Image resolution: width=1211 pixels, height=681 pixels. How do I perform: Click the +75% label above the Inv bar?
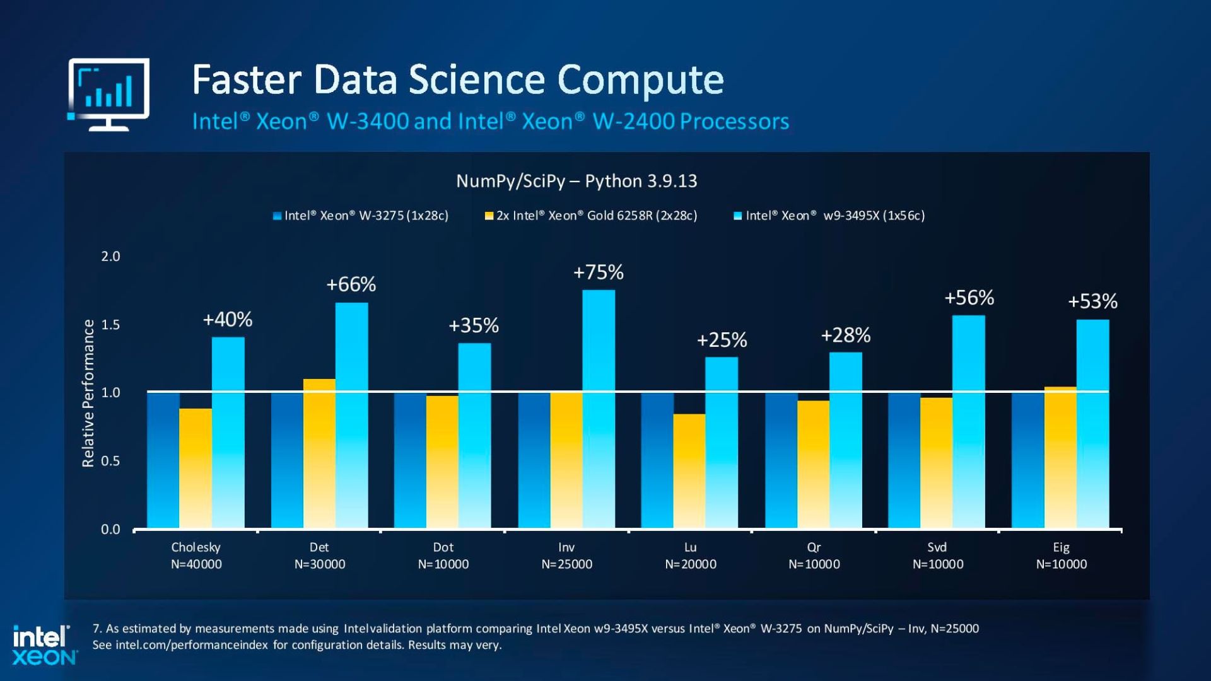[x=598, y=272]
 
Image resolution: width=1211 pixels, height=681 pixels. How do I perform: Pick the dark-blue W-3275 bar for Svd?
[x=904, y=460]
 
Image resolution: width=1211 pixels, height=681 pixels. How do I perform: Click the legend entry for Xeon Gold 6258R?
[x=591, y=216]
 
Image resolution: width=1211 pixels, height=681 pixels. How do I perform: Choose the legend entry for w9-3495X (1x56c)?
[x=829, y=216]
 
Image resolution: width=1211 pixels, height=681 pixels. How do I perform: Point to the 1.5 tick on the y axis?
[x=110, y=325]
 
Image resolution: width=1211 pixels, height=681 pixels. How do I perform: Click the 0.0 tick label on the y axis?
[x=110, y=530]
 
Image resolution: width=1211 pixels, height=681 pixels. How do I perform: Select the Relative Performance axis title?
[x=88, y=393]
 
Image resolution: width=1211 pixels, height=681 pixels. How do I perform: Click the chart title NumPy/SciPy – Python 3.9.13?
[x=576, y=182]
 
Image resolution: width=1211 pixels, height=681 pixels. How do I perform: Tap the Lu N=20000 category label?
[x=690, y=556]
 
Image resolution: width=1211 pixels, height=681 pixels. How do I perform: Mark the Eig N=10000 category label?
[x=1061, y=556]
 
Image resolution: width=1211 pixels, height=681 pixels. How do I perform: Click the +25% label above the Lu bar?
[x=722, y=340]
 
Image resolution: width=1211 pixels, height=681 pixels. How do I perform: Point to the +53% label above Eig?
[x=1092, y=301]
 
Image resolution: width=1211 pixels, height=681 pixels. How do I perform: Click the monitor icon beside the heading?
[x=108, y=94]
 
